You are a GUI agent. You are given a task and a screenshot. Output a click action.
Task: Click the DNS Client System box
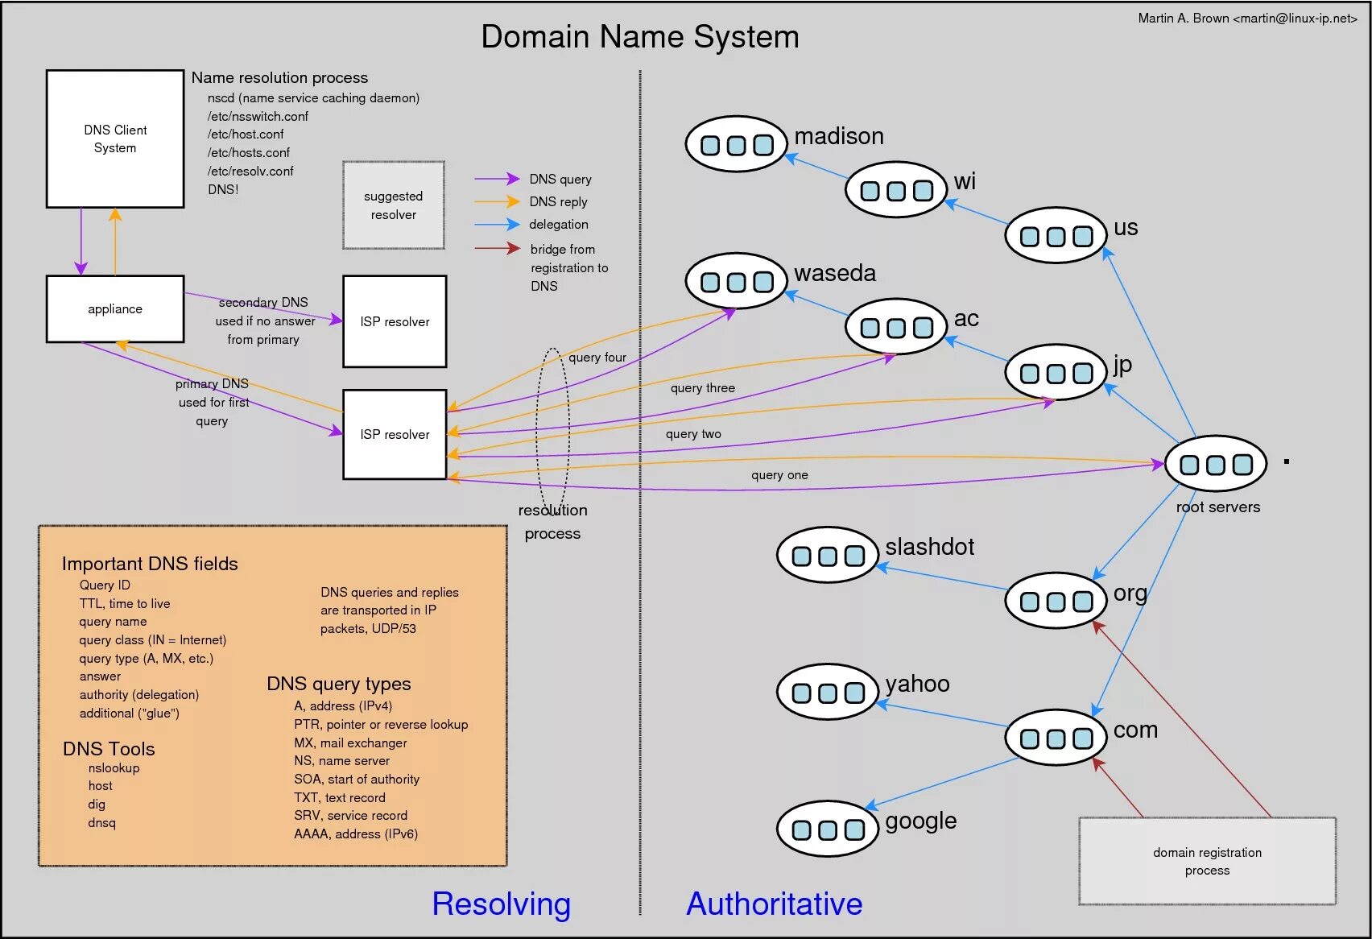115,139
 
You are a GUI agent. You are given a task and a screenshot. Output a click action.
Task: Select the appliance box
115,309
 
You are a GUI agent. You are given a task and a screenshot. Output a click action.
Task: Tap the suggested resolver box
394,205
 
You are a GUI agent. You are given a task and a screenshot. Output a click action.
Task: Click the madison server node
736,144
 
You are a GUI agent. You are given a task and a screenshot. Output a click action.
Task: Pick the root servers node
1215,464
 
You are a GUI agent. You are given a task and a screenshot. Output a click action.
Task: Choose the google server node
827,829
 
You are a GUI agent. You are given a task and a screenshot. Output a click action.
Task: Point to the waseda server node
736,281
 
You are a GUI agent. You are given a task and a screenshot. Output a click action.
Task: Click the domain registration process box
1207,861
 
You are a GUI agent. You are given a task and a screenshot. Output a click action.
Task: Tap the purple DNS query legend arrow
497,179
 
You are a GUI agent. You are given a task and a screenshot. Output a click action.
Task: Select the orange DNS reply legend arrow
497,201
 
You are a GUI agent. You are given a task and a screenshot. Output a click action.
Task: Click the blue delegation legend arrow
497,224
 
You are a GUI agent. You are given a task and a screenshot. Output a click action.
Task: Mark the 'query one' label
779,475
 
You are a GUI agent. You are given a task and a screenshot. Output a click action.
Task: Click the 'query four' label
597,358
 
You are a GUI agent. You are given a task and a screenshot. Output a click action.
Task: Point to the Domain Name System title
640,37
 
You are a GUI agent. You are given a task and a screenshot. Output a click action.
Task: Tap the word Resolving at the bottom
501,904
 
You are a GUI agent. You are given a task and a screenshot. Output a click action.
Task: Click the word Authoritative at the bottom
774,904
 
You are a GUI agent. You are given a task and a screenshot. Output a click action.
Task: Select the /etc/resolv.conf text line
250,172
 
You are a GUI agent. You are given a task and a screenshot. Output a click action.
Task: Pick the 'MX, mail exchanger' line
350,743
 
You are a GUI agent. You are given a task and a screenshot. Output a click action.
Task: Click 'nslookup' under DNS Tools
114,768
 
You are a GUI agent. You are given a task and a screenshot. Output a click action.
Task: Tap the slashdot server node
827,555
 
